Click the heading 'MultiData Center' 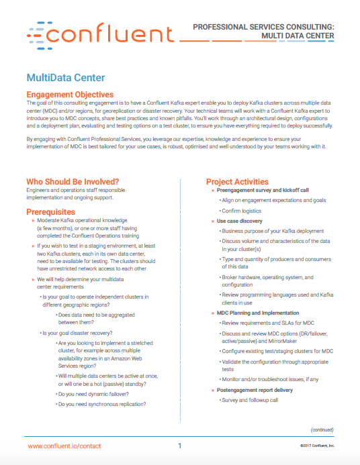point(65,77)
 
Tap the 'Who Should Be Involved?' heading point(73,181)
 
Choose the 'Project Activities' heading point(237,181)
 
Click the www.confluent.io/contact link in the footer point(66,446)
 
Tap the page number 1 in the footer point(180,446)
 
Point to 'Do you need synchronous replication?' point(101,405)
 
